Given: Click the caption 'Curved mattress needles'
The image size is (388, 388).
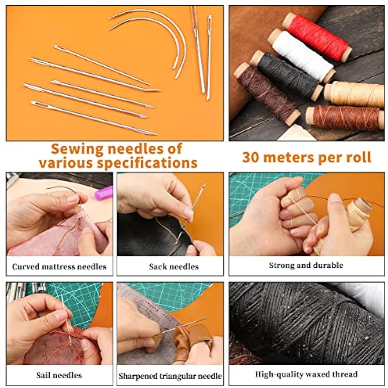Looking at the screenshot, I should [x=59, y=266].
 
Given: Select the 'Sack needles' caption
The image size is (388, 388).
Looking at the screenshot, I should [x=174, y=267].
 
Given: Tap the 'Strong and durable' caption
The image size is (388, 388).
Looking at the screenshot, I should [x=306, y=265].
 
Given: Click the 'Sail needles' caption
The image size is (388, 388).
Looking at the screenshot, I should [x=59, y=375].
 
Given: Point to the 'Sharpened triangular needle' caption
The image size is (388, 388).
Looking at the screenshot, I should [x=170, y=376].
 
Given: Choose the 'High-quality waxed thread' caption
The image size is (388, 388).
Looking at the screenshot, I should [x=306, y=374].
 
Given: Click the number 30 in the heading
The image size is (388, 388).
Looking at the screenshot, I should [x=250, y=157].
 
